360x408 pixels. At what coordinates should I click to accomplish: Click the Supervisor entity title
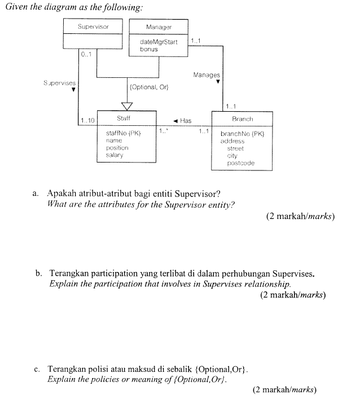(x=93, y=26)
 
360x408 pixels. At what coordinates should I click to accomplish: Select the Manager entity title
(x=159, y=27)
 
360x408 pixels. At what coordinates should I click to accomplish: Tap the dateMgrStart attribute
(x=158, y=42)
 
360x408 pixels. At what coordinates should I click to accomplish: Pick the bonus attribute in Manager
(x=149, y=49)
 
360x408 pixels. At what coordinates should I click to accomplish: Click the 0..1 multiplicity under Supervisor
(x=86, y=55)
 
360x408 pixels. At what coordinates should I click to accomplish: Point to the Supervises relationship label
(x=59, y=83)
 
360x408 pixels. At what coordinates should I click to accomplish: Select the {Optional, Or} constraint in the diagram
(x=150, y=87)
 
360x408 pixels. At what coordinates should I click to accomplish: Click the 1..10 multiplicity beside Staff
(x=88, y=120)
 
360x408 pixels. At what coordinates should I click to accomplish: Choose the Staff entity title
(x=124, y=119)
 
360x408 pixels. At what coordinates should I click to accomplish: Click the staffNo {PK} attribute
(x=122, y=133)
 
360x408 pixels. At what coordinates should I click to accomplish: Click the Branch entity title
(x=242, y=119)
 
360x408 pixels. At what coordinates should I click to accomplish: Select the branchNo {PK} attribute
(x=242, y=134)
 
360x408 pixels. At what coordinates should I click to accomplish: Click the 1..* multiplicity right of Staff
(x=163, y=131)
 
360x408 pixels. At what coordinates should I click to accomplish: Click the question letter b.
(x=38, y=273)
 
